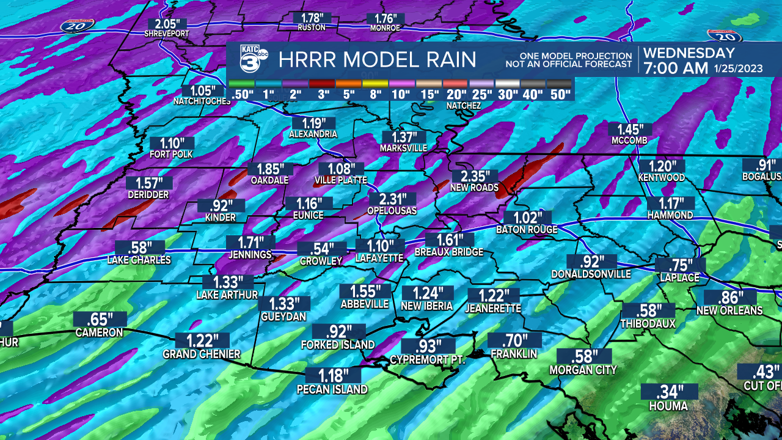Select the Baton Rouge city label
(x=527, y=230)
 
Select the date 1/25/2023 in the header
(x=738, y=68)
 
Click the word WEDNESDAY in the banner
(x=689, y=53)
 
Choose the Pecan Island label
(x=332, y=389)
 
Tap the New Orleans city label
(x=729, y=310)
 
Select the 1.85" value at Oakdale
(x=270, y=169)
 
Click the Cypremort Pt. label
(x=428, y=360)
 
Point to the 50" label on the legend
(x=560, y=95)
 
